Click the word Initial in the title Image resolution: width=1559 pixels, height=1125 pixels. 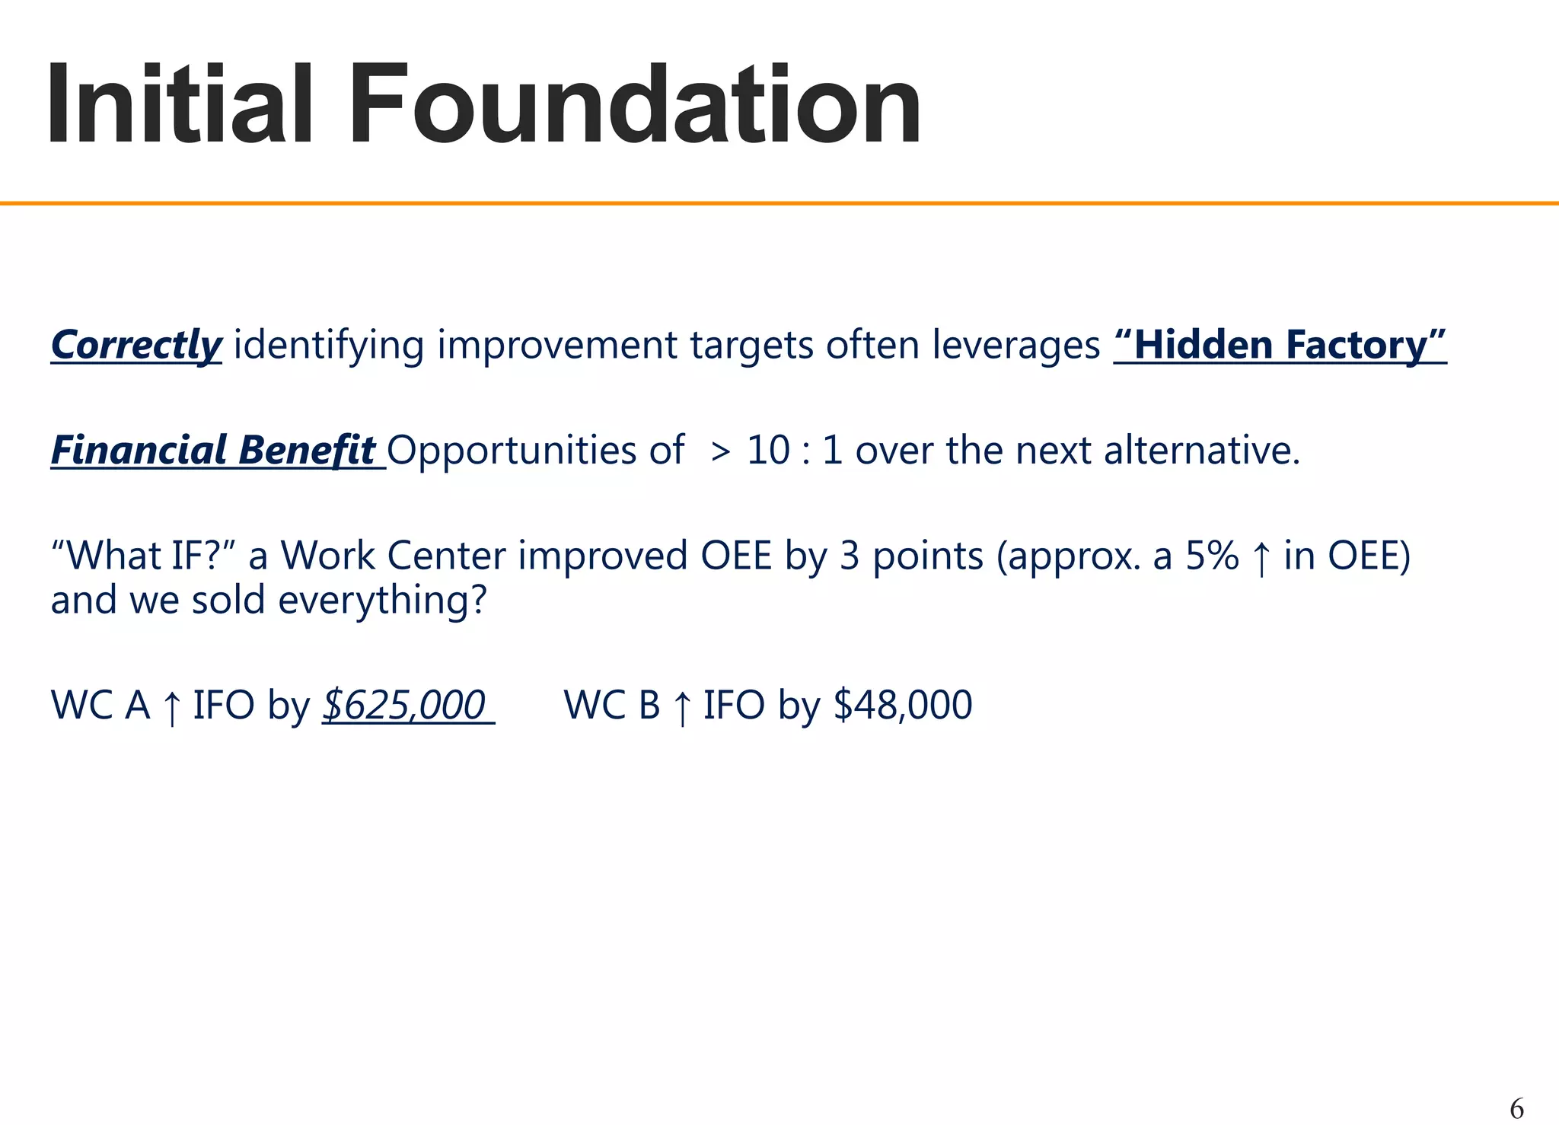click(x=180, y=104)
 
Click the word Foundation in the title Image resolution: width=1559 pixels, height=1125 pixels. click(x=635, y=104)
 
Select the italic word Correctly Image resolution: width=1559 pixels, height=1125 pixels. click(x=136, y=345)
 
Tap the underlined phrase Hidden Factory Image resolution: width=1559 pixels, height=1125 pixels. click(x=1280, y=345)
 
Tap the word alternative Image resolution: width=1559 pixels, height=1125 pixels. click(x=1201, y=450)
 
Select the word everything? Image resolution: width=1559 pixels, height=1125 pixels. click(x=382, y=600)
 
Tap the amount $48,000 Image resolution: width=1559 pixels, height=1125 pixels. click(x=903, y=704)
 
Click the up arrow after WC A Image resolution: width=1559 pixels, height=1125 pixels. click(x=172, y=707)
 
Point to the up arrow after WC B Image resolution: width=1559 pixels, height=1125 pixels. click(x=682, y=707)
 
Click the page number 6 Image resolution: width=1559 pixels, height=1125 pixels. click(x=1516, y=1108)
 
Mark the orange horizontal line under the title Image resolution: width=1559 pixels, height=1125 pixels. click(x=779, y=203)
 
